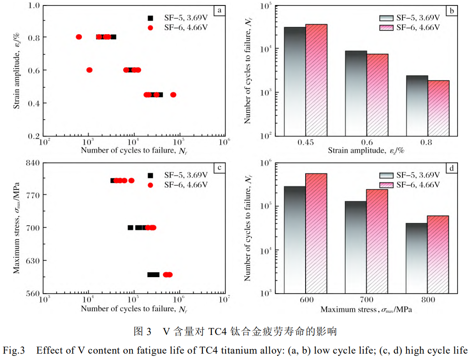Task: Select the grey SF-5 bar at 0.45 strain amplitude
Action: (x=295, y=81)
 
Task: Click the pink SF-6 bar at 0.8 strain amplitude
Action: (x=438, y=108)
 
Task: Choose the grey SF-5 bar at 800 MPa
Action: (x=417, y=258)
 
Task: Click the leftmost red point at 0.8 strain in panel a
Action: (x=79, y=37)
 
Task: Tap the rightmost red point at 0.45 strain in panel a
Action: (x=173, y=95)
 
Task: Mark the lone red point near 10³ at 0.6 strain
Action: (x=89, y=70)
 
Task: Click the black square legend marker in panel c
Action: (x=151, y=175)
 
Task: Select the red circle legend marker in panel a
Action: (x=151, y=28)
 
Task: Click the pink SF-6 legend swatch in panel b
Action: (x=387, y=27)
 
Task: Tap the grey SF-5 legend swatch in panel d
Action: (x=387, y=175)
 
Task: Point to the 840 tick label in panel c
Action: (x=32, y=162)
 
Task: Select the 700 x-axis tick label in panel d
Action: (x=366, y=300)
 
